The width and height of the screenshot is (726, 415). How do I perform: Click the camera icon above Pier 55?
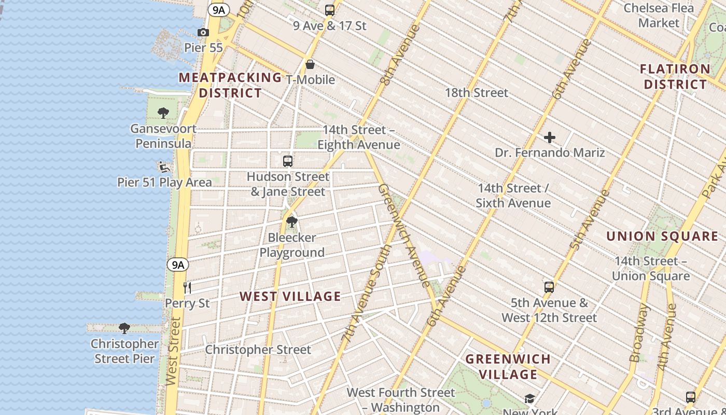tap(203, 33)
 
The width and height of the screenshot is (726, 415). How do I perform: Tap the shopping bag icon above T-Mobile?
tap(310, 64)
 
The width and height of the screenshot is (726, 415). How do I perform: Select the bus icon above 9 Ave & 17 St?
tap(329, 10)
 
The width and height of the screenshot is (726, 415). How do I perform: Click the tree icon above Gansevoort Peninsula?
tap(163, 113)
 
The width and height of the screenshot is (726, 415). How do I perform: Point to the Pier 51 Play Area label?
tap(164, 182)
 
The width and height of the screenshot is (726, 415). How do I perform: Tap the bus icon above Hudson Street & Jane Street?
tap(288, 161)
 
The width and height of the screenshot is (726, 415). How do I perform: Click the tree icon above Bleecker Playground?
tap(292, 222)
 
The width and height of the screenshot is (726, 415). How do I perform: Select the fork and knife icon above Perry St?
tap(187, 287)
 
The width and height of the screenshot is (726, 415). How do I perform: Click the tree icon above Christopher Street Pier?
tap(124, 328)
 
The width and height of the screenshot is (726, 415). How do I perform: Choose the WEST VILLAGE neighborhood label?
tap(290, 297)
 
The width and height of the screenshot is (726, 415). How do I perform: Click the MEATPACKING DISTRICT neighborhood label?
tap(230, 85)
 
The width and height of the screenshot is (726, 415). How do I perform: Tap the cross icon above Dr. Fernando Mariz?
tap(550, 137)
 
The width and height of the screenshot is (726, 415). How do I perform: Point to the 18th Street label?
tap(477, 93)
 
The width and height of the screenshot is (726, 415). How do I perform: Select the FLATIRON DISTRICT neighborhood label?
tap(675, 76)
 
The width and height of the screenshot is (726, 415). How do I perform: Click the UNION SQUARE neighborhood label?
tap(662, 237)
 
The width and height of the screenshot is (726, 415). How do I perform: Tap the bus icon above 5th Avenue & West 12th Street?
tap(549, 287)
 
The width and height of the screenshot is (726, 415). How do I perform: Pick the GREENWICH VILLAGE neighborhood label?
tap(508, 366)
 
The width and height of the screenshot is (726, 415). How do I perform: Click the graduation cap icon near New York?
tap(529, 398)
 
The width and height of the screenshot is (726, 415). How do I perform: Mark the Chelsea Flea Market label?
tap(659, 15)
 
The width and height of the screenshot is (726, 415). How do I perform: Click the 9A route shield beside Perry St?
tap(178, 265)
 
